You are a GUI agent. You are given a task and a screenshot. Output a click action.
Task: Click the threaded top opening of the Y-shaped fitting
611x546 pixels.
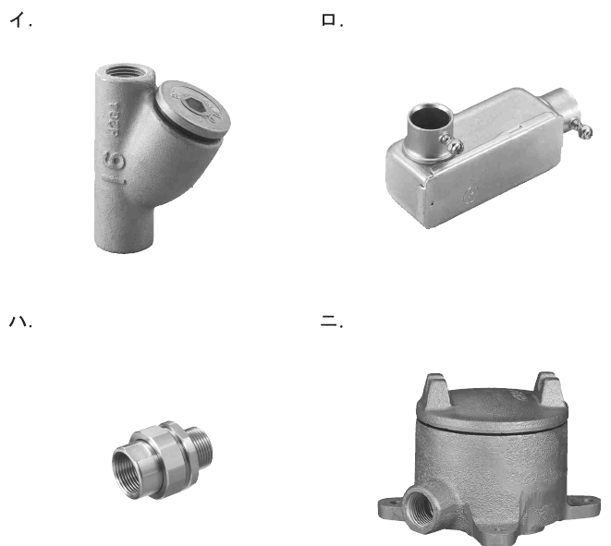(125, 71)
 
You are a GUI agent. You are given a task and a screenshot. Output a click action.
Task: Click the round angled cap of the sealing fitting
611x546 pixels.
(192, 109)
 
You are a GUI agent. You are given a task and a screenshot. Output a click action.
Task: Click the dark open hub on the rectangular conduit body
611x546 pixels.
(430, 116)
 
